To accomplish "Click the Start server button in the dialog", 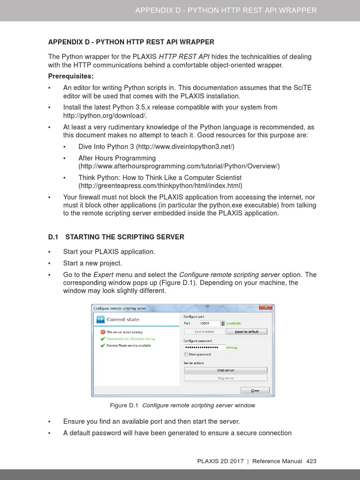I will [x=225, y=370].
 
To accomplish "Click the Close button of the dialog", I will [x=255, y=390].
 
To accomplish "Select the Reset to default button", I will [x=247, y=331].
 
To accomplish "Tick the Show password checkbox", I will [x=186, y=354].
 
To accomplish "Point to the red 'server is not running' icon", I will [x=103, y=332].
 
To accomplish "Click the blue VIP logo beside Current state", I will [x=100, y=320].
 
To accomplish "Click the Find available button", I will [x=204, y=331].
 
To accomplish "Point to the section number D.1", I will [x=54, y=237].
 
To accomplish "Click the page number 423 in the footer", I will [x=311, y=461].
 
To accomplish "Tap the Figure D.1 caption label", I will [x=124, y=405].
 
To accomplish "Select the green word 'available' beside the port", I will [x=233, y=323].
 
